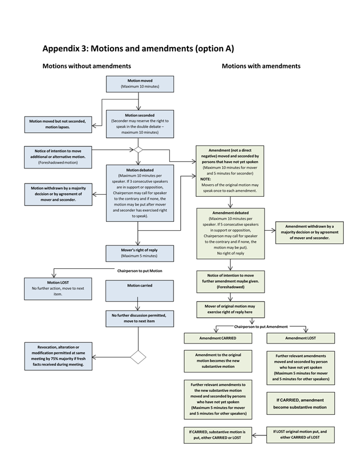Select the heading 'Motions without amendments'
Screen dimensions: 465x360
tap(87, 66)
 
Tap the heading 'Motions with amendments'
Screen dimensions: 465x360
tap(261, 66)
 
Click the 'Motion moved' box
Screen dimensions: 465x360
tap(140, 84)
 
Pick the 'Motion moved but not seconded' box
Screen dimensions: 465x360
tap(57, 124)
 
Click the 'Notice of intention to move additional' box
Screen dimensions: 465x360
tap(58, 156)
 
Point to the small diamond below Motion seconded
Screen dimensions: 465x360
tap(138, 149)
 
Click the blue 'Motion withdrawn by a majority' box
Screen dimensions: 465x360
tap(58, 195)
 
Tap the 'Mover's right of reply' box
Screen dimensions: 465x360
tap(140, 253)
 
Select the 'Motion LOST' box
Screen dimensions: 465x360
tap(58, 288)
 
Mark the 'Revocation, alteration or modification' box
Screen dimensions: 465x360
tap(58, 356)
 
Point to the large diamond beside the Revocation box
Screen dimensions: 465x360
tap(138, 357)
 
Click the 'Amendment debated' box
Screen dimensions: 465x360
tap(230, 233)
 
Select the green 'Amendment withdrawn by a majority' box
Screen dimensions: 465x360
tap(309, 232)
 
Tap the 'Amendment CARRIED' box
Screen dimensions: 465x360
tap(218, 338)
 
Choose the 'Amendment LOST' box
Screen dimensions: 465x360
tap(300, 338)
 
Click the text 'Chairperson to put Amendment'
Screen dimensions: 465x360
tap(261, 327)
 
